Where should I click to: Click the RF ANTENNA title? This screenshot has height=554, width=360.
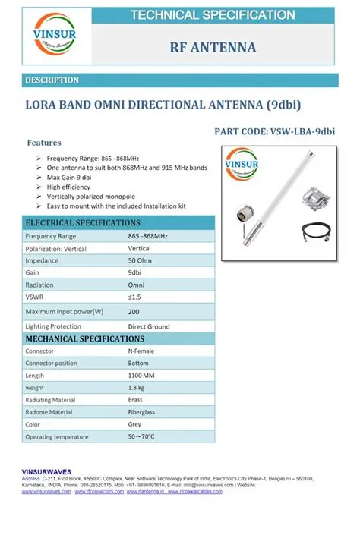[x=212, y=48]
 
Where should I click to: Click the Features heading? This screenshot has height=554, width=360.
[x=44, y=142]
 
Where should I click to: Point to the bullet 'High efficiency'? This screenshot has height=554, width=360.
[x=68, y=186]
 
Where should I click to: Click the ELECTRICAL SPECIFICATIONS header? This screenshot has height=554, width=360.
[x=83, y=222]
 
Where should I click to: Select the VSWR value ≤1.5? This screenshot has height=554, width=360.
[x=134, y=296]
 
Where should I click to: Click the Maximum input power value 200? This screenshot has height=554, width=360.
[x=134, y=312]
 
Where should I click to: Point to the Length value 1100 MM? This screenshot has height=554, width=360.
[x=142, y=376]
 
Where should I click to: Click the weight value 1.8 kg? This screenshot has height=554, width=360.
[x=137, y=388]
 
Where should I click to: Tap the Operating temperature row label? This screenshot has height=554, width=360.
[x=57, y=436]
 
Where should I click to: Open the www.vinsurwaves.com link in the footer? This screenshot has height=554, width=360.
[x=46, y=492]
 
